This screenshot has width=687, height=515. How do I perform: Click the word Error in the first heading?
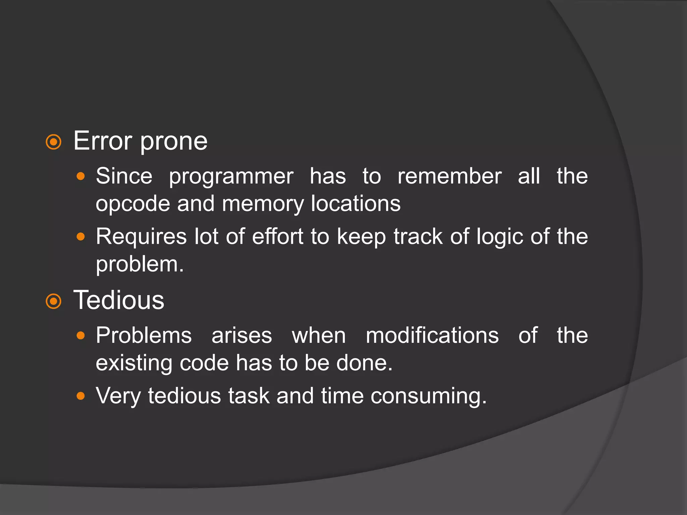[x=102, y=141]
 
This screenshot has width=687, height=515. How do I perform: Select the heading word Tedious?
[x=119, y=300]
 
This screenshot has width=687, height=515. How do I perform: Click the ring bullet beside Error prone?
[x=54, y=142]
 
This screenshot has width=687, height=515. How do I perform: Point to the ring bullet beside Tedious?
[x=54, y=301]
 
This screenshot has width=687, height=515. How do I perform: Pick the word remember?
[x=450, y=176]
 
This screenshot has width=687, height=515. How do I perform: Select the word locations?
[x=356, y=204]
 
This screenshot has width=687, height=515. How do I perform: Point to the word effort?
[x=278, y=237]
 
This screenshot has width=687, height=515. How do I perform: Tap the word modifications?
[x=432, y=336]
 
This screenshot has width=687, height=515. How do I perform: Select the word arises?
[x=242, y=336]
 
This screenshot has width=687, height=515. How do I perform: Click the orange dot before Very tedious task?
[x=81, y=396]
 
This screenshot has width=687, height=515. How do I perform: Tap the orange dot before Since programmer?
[x=81, y=176]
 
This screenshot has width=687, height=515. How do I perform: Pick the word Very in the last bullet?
[x=118, y=396]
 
